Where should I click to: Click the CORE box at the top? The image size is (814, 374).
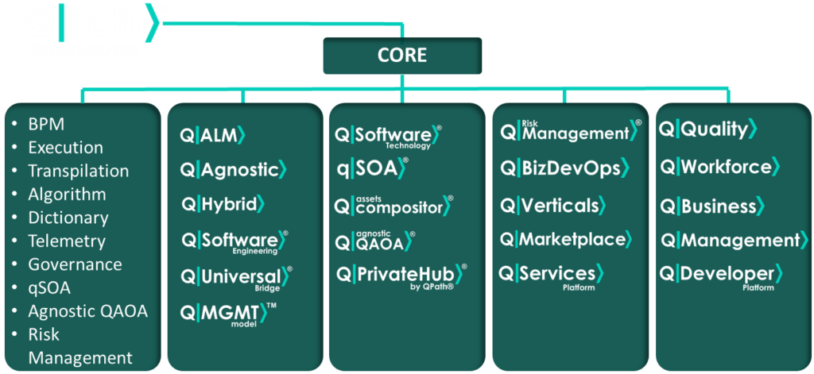(x=402, y=56)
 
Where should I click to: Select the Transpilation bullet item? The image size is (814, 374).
(x=78, y=171)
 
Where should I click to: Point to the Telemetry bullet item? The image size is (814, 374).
(x=66, y=241)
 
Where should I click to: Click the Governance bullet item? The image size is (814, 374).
(x=75, y=264)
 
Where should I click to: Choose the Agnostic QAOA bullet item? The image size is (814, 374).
(x=87, y=311)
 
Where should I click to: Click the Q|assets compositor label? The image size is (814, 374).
(x=393, y=206)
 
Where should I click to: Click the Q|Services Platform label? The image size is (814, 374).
(x=551, y=276)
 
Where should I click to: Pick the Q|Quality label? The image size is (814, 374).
(x=707, y=129)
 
